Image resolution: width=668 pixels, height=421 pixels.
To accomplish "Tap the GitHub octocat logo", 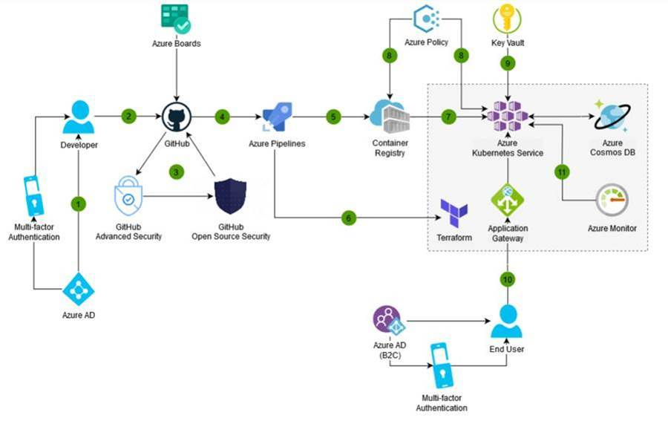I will click(x=177, y=117).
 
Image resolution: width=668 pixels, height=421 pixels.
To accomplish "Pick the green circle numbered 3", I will click(x=176, y=172).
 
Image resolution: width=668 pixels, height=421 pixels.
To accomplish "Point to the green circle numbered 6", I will click(x=348, y=218).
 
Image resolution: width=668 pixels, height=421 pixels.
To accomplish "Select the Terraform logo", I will click(x=453, y=213).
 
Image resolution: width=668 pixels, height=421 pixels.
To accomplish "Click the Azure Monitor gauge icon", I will click(x=612, y=200).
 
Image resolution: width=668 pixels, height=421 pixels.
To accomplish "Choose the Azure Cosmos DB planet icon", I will click(x=612, y=117).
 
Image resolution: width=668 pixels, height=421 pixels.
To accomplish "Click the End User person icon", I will click(x=506, y=320).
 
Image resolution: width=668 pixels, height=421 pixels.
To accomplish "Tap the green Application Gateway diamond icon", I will click(x=508, y=200).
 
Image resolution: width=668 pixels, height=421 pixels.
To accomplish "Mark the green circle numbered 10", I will click(x=508, y=279).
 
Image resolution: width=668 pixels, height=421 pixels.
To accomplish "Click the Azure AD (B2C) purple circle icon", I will click(x=387, y=321).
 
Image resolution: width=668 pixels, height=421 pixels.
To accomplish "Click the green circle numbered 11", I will click(x=562, y=172).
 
